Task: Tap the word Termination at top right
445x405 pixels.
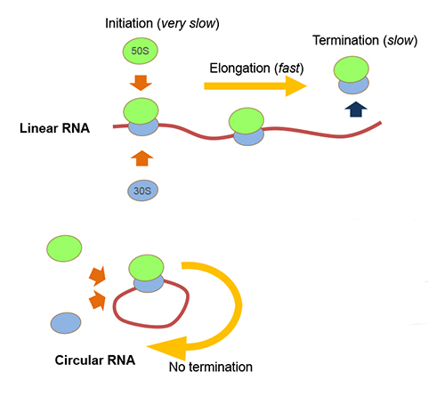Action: tap(345, 41)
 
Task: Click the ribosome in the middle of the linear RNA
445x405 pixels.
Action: tap(246, 126)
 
